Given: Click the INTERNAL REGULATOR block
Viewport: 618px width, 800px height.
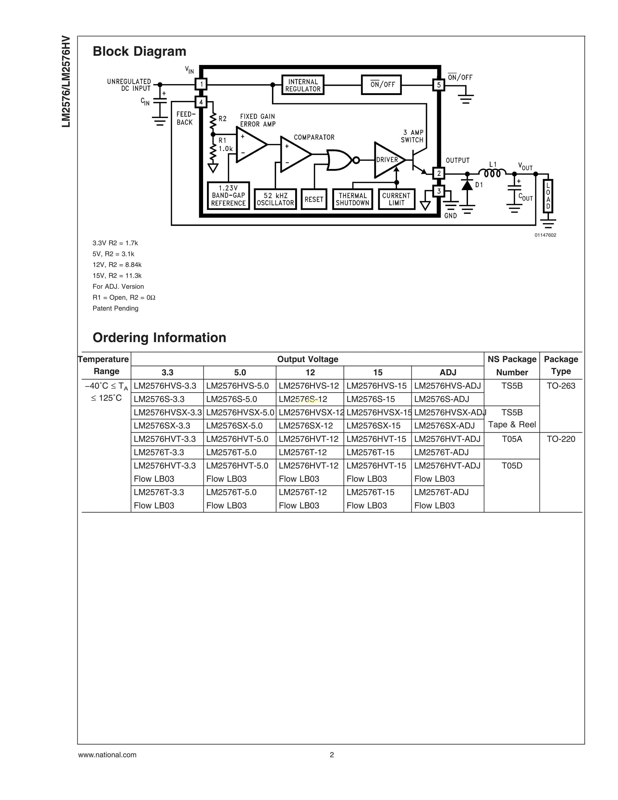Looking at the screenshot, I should coord(303,85).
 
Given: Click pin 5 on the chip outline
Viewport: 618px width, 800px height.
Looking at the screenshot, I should coord(439,85).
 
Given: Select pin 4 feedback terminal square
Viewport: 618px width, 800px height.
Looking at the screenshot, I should coord(201,102).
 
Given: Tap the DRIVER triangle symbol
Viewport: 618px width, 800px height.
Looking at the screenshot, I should coord(388,160).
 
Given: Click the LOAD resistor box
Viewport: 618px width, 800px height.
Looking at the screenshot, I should coord(548,196).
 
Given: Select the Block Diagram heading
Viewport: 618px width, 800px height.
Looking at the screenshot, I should coord(140,51).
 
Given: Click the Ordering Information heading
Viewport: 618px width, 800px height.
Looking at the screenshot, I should coord(159,337).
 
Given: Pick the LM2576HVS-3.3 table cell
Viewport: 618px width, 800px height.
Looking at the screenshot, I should coord(165,386).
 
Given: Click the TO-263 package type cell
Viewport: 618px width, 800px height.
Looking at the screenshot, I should coord(561,386).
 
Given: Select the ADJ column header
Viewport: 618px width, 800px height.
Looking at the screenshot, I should coord(448,373).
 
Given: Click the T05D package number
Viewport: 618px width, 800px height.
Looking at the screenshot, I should coord(512,465).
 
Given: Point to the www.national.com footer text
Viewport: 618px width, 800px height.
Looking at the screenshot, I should coord(107,755).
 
